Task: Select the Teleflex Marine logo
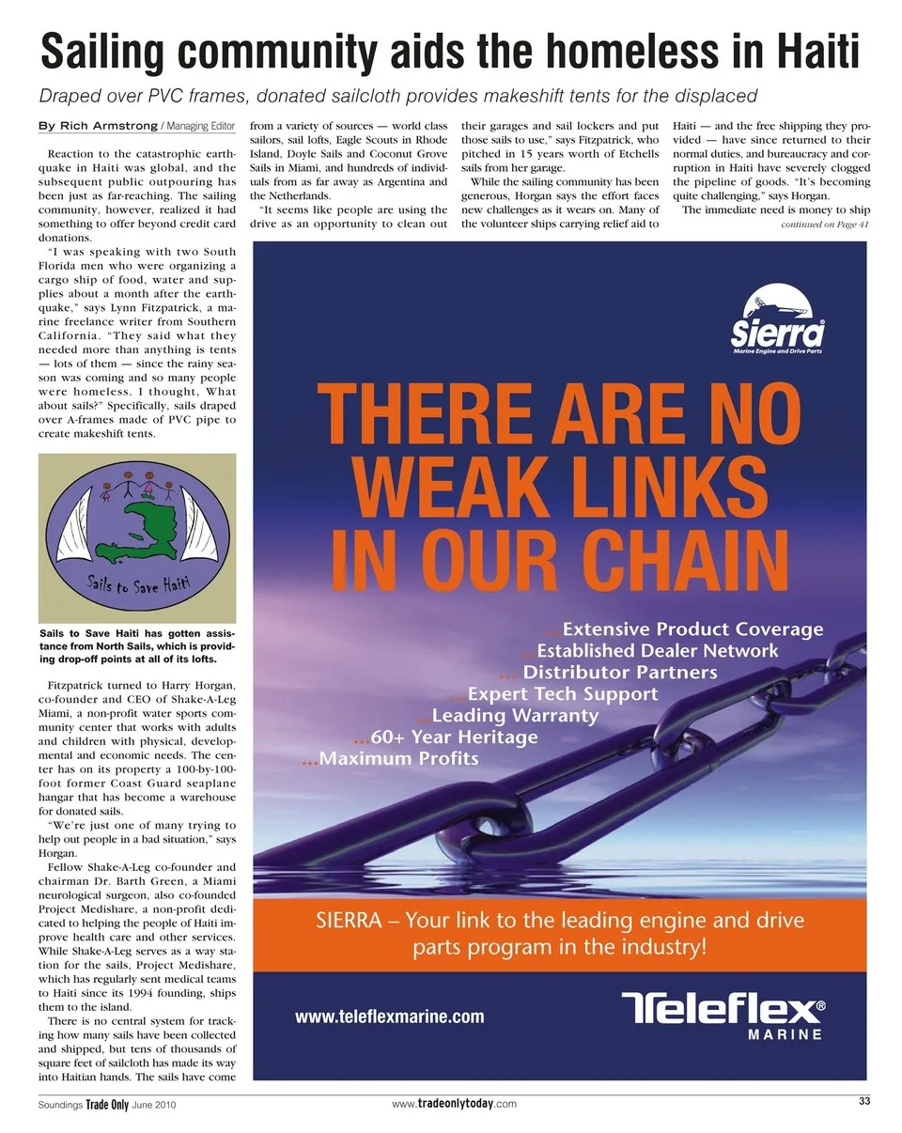(724, 1016)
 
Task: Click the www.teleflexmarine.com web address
(390, 1017)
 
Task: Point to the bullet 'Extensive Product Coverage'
(692, 629)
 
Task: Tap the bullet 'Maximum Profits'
(399, 758)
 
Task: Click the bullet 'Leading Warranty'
(515, 715)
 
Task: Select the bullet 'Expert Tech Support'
(562, 693)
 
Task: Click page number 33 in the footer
(864, 1102)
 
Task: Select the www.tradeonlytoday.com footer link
(454, 1104)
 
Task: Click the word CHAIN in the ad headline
(657, 559)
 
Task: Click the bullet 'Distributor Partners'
(619, 672)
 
